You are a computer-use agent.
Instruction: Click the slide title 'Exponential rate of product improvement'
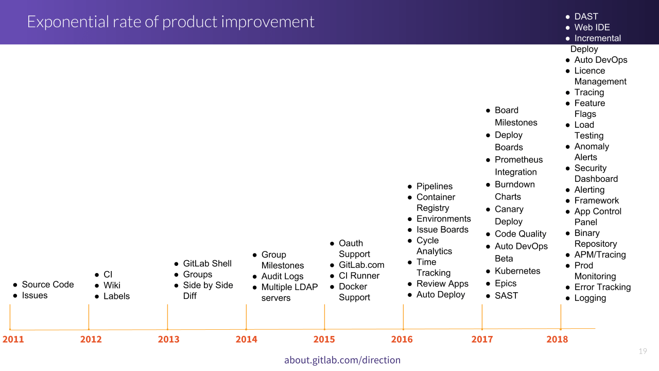(170, 22)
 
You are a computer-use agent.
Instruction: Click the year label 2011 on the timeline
(13, 339)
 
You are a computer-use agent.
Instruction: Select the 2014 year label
(246, 339)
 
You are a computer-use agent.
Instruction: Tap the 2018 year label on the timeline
(557, 339)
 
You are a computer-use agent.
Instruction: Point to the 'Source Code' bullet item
(47, 284)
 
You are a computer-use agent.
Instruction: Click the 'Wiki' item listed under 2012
(112, 285)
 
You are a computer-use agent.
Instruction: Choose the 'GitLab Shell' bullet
(207, 263)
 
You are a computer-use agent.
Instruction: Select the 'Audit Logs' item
(282, 276)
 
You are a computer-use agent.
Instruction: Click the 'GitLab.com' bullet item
(361, 265)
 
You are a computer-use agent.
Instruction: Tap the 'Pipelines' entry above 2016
(435, 187)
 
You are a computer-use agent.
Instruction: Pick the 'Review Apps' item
(442, 284)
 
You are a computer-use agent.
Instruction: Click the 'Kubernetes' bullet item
(517, 271)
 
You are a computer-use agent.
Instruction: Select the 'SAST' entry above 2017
(506, 296)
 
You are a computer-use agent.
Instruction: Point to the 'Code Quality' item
(521, 234)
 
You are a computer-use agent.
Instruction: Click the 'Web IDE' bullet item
(592, 27)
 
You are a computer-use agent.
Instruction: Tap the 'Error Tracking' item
(602, 287)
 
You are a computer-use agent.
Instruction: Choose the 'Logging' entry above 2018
(590, 298)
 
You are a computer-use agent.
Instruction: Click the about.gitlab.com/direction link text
(342, 360)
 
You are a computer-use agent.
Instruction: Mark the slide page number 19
(643, 351)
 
